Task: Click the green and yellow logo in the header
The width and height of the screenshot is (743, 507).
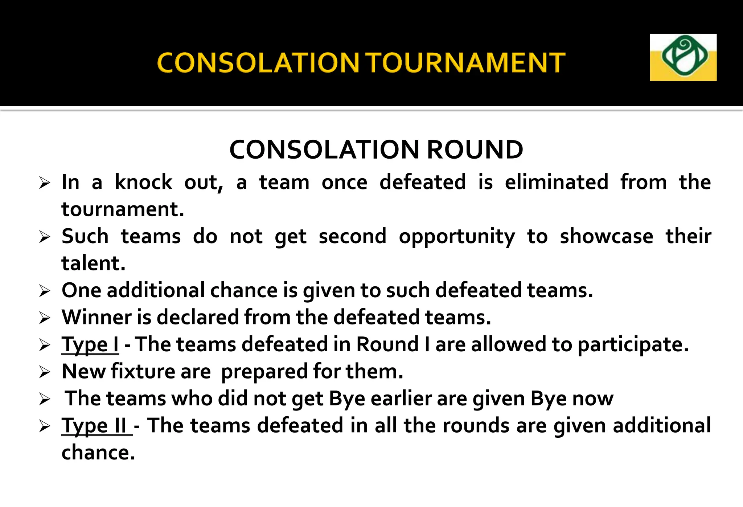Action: click(683, 57)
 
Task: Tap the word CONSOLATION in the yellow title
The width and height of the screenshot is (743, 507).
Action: click(258, 63)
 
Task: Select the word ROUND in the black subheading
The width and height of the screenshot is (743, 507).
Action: click(475, 150)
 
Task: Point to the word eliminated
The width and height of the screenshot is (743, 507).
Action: click(557, 182)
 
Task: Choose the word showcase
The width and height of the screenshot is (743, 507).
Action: click(606, 236)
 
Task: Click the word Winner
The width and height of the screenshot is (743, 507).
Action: click(97, 317)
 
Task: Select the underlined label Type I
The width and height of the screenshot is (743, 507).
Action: click(90, 344)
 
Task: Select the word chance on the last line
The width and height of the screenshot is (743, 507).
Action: click(98, 453)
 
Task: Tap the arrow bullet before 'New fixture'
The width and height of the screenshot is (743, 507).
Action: click(45, 372)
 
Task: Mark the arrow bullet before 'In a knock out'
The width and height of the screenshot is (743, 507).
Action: click(45, 183)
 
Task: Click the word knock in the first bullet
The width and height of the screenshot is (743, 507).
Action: click(143, 182)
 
